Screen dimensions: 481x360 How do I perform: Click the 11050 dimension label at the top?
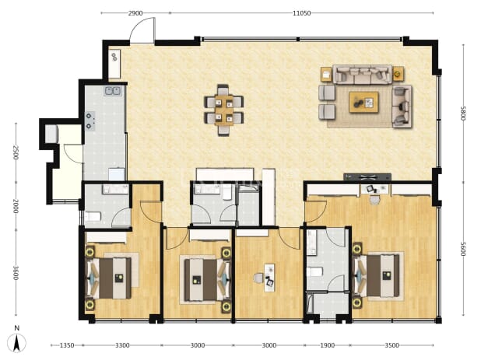301,13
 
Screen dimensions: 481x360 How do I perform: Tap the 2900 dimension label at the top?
135,13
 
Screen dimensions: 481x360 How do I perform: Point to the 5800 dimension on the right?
463,114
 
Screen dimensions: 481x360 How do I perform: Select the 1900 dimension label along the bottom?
328,345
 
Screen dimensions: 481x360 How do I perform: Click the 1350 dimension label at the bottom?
67,345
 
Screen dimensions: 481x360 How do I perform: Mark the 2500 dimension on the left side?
16,152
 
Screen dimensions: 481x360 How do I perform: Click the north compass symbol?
17,340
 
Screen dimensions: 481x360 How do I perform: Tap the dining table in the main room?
223,110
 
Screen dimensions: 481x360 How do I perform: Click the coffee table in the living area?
363,103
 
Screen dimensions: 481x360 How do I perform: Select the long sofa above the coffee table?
363,74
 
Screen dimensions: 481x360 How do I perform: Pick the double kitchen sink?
113,91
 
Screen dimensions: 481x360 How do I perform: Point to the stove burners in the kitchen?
90,121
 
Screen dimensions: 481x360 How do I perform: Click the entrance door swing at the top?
142,30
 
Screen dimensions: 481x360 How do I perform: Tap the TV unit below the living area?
367,177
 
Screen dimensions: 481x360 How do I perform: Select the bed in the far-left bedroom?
109,278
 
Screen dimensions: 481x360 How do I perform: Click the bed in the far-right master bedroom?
378,276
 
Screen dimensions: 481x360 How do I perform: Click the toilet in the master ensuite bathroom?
314,272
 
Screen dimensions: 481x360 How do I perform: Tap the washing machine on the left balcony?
51,134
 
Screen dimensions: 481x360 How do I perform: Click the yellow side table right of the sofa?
398,74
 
